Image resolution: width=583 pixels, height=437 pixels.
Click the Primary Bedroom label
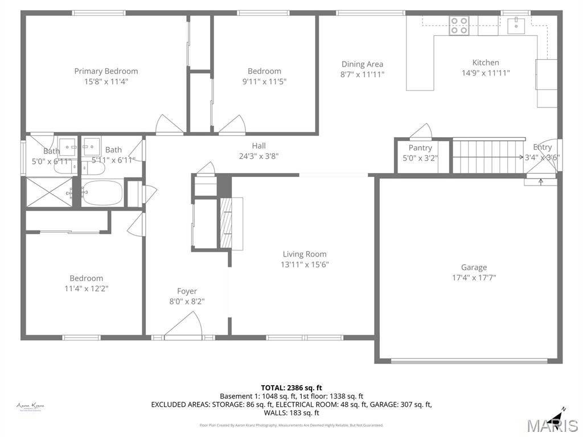(x=106, y=71)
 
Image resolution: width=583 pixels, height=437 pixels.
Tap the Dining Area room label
(x=362, y=64)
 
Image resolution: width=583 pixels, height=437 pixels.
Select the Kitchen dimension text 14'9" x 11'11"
(x=485, y=73)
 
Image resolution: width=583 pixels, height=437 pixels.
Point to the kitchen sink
(x=516, y=24)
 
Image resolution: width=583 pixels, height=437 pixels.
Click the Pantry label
(x=420, y=148)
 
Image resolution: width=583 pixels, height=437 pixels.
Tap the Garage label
(x=474, y=267)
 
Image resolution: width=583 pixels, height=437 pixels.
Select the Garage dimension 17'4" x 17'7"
(x=474, y=278)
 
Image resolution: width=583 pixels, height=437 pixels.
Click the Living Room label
(x=305, y=254)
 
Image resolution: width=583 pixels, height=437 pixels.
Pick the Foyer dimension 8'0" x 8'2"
(x=187, y=302)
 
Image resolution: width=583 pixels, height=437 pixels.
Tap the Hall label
(x=259, y=146)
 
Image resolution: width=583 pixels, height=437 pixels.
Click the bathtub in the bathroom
(x=102, y=193)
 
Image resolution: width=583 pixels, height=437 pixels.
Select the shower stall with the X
(x=49, y=192)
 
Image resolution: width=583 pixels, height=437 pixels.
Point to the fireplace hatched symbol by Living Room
(x=227, y=222)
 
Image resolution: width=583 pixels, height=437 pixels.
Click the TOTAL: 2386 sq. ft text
(x=291, y=388)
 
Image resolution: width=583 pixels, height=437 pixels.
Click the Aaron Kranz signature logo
(x=30, y=406)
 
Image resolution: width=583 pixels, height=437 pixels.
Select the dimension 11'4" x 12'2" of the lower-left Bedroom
(x=86, y=288)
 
